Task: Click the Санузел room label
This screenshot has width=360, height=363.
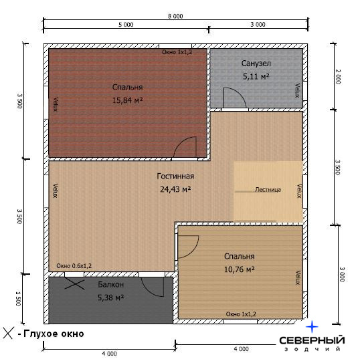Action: click(256, 64)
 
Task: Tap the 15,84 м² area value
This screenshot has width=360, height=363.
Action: click(127, 100)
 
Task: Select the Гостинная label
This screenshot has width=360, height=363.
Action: click(175, 176)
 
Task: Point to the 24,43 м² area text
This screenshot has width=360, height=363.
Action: click(175, 189)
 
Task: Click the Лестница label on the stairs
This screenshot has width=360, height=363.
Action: click(268, 190)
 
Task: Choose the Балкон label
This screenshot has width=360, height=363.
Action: click(110, 284)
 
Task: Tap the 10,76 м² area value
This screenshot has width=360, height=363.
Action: click(240, 269)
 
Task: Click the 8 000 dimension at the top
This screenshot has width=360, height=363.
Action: click(175, 16)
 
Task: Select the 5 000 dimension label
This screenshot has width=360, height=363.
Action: click(126, 25)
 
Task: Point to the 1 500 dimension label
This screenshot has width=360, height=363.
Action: click(18, 299)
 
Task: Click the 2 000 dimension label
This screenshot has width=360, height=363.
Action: click(338, 77)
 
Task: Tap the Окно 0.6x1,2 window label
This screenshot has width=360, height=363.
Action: click(74, 266)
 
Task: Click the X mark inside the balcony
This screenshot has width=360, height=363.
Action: click(74, 283)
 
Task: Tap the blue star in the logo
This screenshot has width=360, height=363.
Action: click(312, 327)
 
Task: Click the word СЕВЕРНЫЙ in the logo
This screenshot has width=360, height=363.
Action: click(312, 340)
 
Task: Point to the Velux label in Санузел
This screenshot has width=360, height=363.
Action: click(297, 90)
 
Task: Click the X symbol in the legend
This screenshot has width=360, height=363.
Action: click(9, 333)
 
